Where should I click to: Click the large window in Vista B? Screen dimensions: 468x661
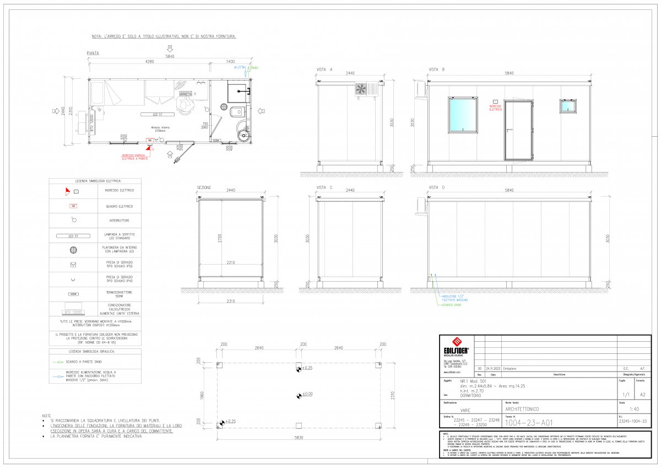click(462, 116)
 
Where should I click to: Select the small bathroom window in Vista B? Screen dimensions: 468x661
click(568, 106)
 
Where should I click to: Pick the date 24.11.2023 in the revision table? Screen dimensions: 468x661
click(492, 368)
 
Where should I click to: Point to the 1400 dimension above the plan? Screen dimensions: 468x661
click(230, 62)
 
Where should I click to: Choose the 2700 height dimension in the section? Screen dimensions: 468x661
click(220, 238)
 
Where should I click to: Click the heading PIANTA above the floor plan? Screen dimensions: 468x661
click(93, 53)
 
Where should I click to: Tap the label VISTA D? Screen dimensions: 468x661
click(436, 188)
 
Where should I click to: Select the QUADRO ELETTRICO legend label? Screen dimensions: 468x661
click(119, 206)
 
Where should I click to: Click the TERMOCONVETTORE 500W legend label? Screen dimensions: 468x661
click(119, 293)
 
